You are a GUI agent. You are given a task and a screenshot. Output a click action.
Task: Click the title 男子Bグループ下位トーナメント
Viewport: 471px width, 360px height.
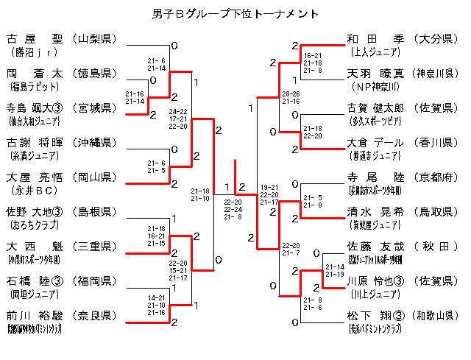click(x=235, y=13)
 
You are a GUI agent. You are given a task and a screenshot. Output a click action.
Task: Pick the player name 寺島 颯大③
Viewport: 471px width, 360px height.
click(x=35, y=107)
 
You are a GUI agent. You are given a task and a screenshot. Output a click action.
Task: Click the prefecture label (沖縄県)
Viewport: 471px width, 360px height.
click(x=94, y=142)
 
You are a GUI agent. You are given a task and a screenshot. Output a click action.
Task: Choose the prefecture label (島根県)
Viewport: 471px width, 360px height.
click(x=94, y=212)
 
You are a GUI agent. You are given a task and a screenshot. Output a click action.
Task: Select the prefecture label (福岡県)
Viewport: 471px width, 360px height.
click(x=94, y=281)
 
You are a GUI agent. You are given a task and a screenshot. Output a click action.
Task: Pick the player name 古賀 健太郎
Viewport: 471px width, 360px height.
click(x=375, y=107)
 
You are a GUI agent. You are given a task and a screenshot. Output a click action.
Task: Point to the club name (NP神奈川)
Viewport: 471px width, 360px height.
click(x=375, y=87)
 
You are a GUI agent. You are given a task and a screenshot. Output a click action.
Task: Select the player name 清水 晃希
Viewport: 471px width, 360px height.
click(x=375, y=212)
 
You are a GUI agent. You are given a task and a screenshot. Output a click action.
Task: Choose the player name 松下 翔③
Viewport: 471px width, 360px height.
click(x=375, y=316)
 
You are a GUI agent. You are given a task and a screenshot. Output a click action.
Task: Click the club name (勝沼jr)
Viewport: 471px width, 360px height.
click(x=34, y=52)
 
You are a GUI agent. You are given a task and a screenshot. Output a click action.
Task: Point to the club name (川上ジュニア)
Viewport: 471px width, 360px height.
click(x=375, y=294)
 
